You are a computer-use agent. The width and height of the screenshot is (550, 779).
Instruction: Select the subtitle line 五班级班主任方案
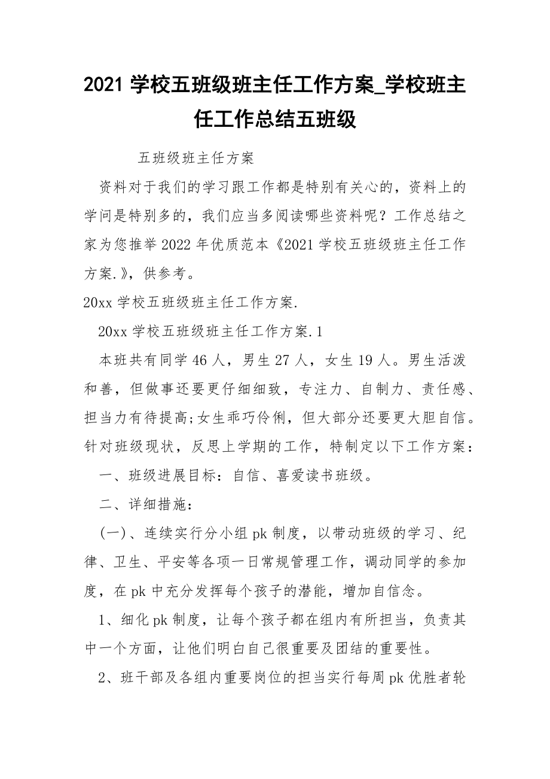[196, 158]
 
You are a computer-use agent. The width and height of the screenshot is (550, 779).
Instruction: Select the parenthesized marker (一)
[111, 534]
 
